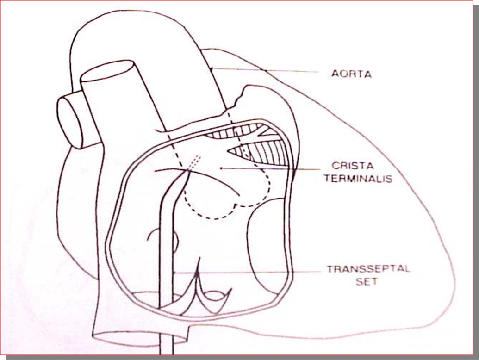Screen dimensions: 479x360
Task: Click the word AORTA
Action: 352,74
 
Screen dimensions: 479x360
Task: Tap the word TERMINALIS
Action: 358,178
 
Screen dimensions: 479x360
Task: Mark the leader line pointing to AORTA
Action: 264,70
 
